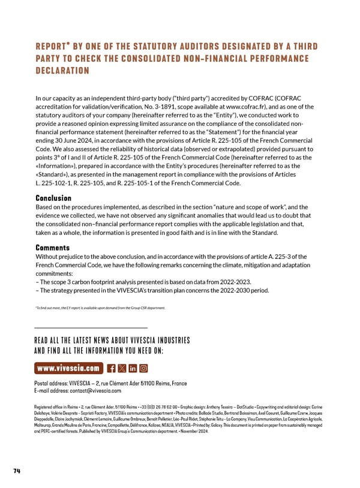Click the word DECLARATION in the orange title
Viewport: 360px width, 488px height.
(x=62, y=71)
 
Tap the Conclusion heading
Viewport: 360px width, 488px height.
(x=53, y=198)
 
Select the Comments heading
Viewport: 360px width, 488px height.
(x=52, y=248)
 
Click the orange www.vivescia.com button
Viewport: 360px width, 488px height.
(x=68, y=367)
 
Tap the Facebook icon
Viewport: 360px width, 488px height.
(x=111, y=367)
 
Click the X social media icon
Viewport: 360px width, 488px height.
(x=122, y=367)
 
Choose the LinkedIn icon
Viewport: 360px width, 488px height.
(x=133, y=367)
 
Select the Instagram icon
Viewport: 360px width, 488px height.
(x=143, y=367)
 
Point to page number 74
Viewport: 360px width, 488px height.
(x=17, y=471)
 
